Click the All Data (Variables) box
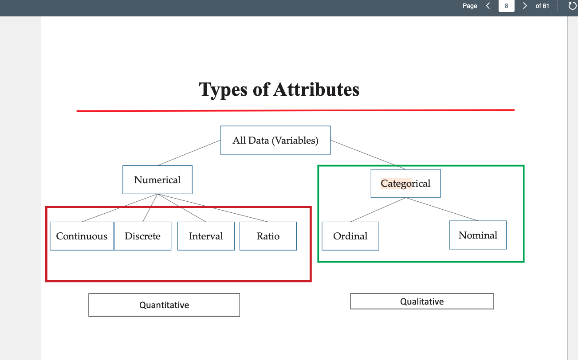(x=275, y=141)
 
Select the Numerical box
(x=157, y=180)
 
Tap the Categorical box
(x=405, y=184)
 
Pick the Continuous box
(x=82, y=236)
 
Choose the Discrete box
(x=142, y=236)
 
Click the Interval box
(x=206, y=236)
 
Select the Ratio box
(x=268, y=236)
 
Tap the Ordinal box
(x=350, y=236)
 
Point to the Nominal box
(x=478, y=235)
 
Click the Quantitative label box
(x=164, y=305)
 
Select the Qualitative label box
(x=422, y=301)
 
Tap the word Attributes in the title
(x=316, y=90)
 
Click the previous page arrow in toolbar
(x=488, y=6)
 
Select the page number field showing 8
(x=506, y=6)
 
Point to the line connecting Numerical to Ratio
(x=213, y=208)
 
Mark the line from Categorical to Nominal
(x=442, y=209)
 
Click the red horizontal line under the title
(x=295, y=110)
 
